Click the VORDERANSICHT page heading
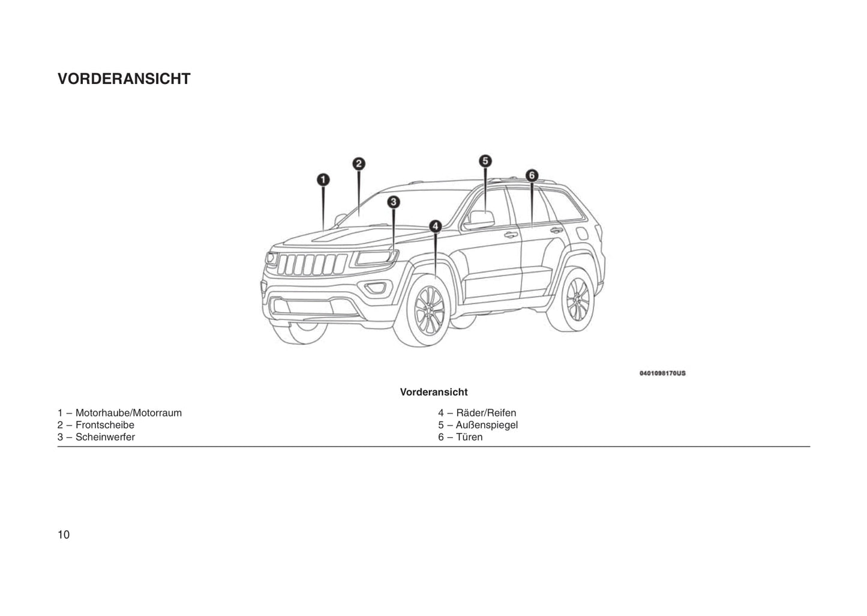click(124, 79)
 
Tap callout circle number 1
click(323, 180)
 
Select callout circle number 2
click(358, 163)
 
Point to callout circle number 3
click(393, 202)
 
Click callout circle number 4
click(435, 226)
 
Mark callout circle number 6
click(532, 175)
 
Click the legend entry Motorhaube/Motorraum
click(119, 413)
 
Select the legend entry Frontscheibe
click(96, 425)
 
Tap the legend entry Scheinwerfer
click(96, 437)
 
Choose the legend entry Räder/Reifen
click(477, 413)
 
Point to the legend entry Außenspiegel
click(478, 425)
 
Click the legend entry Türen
click(460, 437)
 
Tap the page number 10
click(64, 535)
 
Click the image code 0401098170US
click(662, 373)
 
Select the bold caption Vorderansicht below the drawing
click(434, 392)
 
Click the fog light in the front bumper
click(376, 288)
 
